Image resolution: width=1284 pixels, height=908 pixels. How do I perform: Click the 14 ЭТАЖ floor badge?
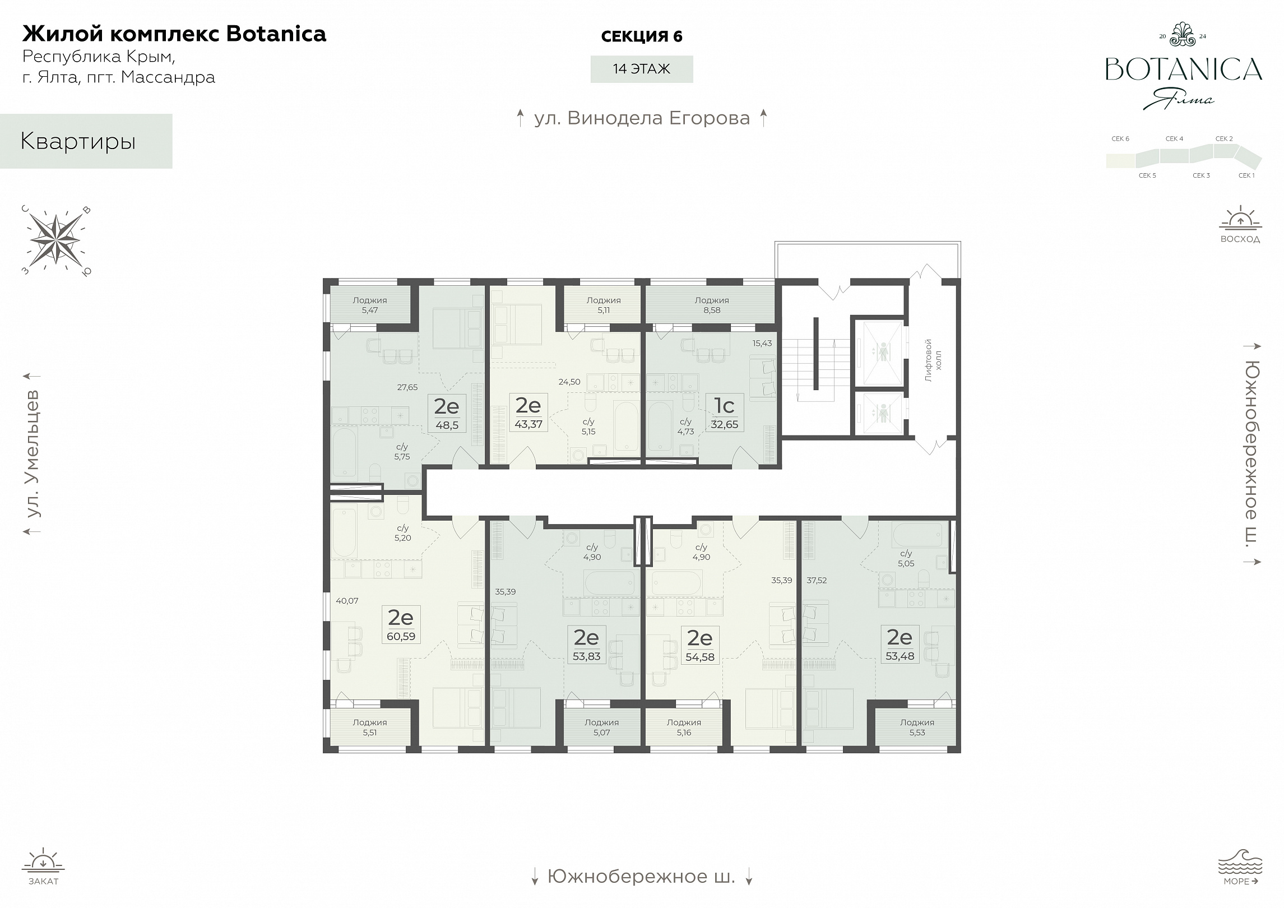coord(642,69)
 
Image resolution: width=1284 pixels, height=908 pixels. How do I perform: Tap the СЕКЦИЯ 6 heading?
coord(642,36)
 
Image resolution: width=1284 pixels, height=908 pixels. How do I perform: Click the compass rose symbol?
coord(55,240)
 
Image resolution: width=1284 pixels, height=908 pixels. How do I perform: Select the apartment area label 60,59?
coord(401,637)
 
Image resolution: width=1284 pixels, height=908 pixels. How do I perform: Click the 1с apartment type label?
coord(724,405)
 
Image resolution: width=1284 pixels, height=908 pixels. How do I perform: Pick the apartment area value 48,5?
coord(447,425)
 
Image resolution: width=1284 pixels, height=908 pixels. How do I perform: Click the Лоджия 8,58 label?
coord(711,305)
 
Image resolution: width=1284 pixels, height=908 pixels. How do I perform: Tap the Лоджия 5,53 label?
coord(917,728)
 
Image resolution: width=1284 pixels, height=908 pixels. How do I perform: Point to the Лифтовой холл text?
coord(933,360)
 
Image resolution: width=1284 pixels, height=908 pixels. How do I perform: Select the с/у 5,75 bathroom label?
coord(402,452)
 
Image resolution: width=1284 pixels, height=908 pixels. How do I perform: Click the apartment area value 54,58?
coord(699,657)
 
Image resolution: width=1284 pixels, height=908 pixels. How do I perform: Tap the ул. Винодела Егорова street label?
coord(642,118)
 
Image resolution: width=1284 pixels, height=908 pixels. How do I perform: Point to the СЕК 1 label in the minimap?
coord(1246,175)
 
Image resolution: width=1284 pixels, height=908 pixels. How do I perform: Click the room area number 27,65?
coord(407,387)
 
